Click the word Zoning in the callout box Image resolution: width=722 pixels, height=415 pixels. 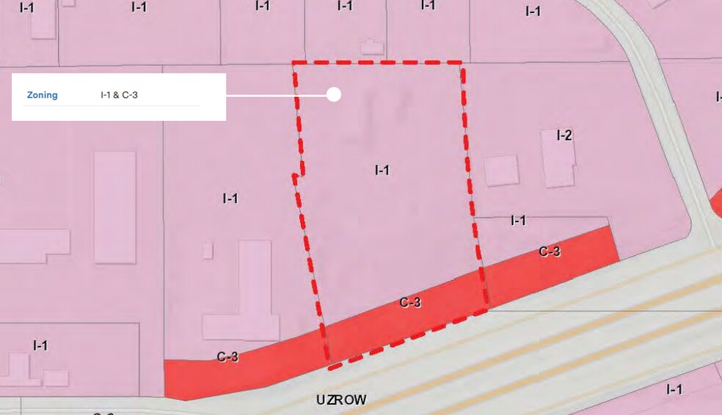pyautogui.click(x=42, y=95)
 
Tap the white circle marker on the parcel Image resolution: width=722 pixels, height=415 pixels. pyautogui.click(x=334, y=95)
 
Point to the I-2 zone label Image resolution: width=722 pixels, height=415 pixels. pyautogui.click(x=564, y=135)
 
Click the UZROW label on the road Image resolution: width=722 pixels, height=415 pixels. pyautogui.click(x=341, y=400)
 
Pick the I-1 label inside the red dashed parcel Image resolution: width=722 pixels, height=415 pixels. pyautogui.click(x=382, y=170)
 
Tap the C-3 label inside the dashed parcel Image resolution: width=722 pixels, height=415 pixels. pyautogui.click(x=410, y=301)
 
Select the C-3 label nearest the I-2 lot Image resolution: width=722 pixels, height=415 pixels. pyautogui.click(x=550, y=251)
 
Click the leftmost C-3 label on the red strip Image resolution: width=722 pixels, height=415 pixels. pyautogui.click(x=227, y=357)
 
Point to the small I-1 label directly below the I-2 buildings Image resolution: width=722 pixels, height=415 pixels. pyautogui.click(x=518, y=220)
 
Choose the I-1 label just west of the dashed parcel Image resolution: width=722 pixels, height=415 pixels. pyautogui.click(x=230, y=198)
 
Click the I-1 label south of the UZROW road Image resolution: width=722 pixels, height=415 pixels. pyautogui.click(x=674, y=389)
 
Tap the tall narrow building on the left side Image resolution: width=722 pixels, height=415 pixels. pyautogui.click(x=115, y=207)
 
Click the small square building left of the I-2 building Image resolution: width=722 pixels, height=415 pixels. pyautogui.click(x=502, y=171)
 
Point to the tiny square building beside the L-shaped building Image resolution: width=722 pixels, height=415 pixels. pyautogui.click(x=208, y=251)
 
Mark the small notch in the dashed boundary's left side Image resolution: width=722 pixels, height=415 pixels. pyautogui.click(x=296, y=175)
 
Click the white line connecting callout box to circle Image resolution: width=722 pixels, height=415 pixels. pyautogui.click(x=275, y=95)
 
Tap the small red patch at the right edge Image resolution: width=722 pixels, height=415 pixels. pyautogui.click(x=717, y=198)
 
